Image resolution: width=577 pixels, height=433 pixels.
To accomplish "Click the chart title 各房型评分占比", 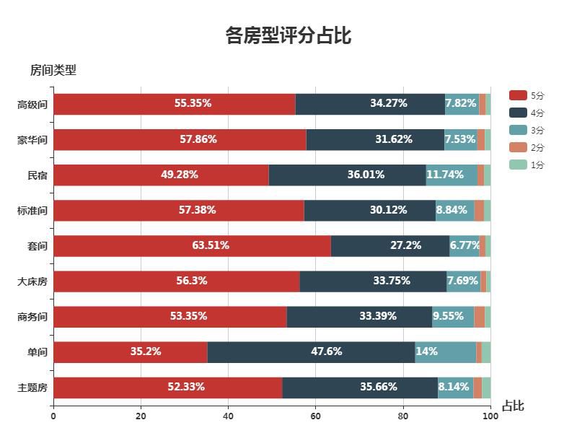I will point(288,35).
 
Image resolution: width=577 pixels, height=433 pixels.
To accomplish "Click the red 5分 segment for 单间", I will point(130,352).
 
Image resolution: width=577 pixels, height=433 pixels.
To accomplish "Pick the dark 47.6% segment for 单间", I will point(311,352).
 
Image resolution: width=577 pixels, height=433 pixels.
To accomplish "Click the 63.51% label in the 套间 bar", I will point(211,245).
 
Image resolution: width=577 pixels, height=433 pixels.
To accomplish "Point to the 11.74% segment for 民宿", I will point(452,175).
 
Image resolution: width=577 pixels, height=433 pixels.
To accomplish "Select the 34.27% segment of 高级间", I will point(370,104).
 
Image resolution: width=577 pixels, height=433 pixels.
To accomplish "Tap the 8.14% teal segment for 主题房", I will point(455,388).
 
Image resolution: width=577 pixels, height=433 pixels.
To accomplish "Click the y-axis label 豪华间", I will point(32,140).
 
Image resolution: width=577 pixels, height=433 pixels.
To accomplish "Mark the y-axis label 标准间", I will point(32,211).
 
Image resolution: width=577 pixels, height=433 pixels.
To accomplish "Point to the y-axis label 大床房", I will point(32,281).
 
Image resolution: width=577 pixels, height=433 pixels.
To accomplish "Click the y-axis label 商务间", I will point(32,317).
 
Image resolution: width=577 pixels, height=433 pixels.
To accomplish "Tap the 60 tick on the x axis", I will point(316,416).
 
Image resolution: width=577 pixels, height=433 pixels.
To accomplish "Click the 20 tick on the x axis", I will point(141,416).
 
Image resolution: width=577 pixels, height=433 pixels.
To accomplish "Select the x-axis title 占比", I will point(513,406).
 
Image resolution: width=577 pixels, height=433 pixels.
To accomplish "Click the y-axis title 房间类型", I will point(53,70).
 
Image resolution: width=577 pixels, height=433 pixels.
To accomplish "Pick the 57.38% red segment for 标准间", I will point(178,210).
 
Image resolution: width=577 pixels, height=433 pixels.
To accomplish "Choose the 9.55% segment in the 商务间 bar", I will point(453,317).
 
